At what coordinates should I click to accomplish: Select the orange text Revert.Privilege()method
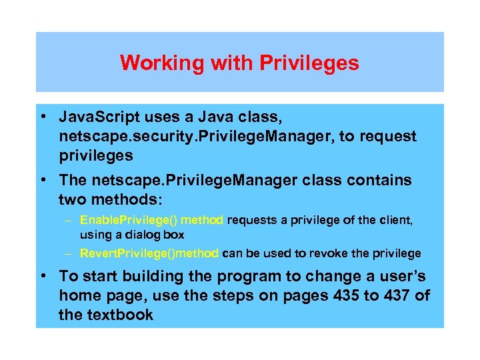[149, 253]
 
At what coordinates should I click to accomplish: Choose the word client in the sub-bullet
[393, 220]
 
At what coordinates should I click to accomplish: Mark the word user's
[401, 277]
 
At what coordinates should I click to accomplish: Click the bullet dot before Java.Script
[42, 118]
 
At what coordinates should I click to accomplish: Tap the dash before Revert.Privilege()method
[69, 253]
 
